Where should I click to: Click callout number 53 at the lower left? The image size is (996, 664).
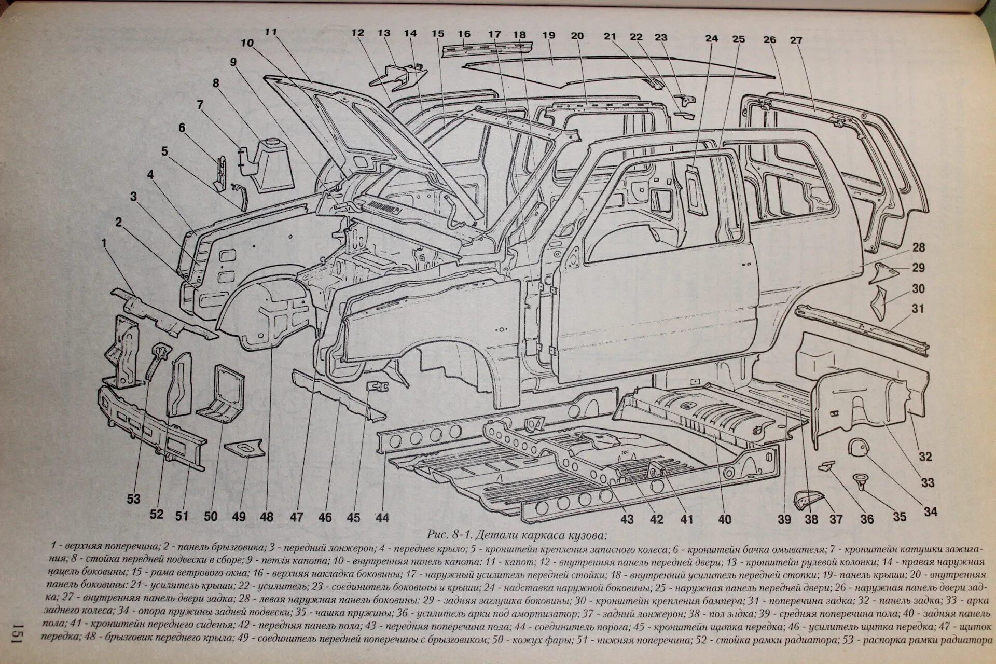coord(133,499)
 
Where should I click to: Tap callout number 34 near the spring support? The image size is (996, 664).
coord(931,511)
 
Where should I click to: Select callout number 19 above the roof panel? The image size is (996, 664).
coord(548,35)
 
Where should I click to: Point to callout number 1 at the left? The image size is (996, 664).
coord(104,243)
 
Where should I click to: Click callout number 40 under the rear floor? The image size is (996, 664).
coord(725,519)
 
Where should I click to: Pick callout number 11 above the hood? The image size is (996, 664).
coord(271,31)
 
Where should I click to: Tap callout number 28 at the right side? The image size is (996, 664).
coord(919,247)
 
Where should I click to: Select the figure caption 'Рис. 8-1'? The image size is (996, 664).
coord(449,534)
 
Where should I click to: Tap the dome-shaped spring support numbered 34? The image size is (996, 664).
coord(858,447)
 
